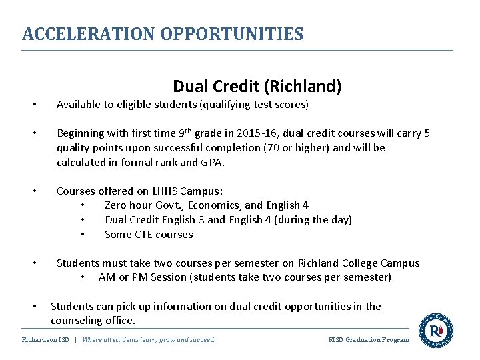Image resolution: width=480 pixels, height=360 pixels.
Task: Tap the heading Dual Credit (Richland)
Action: (257, 86)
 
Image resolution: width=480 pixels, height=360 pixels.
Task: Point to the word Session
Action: (167, 277)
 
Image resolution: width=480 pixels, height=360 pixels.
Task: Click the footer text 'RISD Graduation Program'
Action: (369, 339)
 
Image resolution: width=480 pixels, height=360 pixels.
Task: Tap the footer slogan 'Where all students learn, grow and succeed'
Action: (148, 339)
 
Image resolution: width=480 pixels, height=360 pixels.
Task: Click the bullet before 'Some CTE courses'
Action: (82, 235)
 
